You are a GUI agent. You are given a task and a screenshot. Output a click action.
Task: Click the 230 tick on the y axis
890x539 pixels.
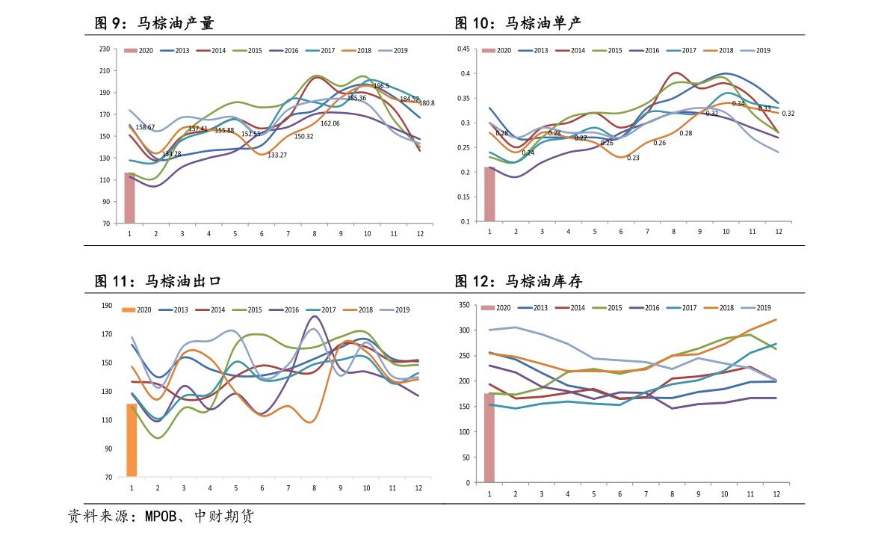[104, 49]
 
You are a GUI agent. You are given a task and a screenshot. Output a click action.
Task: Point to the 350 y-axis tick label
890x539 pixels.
[463, 305]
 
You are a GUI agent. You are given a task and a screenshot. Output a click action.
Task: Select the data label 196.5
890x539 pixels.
[381, 86]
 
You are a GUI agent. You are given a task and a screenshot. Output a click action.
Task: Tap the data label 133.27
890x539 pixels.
[277, 155]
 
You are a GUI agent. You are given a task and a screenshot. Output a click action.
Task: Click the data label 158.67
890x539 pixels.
[145, 127]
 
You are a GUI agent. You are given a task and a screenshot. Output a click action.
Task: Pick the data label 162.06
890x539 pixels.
[330, 123]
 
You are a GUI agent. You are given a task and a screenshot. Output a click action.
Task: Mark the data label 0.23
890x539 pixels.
[633, 158]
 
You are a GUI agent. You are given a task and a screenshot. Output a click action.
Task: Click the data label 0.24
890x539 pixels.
[528, 153]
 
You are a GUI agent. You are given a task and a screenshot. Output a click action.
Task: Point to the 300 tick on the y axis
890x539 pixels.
[463, 330]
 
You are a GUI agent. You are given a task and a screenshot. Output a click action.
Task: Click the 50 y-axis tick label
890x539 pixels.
[466, 458]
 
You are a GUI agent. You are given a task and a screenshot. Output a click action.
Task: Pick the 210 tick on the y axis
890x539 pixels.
[104, 71]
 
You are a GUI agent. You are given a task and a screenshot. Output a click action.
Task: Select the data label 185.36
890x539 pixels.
[356, 98]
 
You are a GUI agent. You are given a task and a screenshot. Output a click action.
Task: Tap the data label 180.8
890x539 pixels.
[427, 103]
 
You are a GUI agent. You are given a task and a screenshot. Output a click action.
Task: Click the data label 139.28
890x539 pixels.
[171, 154]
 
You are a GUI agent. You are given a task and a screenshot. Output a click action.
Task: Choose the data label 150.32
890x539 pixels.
[303, 136]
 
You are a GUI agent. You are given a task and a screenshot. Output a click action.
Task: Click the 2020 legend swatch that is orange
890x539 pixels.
[128, 309]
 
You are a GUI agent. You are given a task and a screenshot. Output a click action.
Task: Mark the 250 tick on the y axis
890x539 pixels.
[463, 356]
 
